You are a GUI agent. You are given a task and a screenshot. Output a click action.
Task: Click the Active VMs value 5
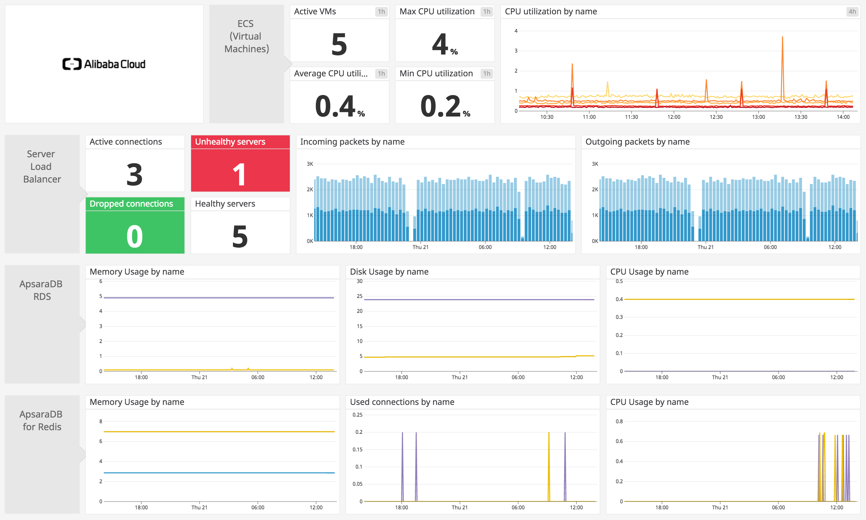339,44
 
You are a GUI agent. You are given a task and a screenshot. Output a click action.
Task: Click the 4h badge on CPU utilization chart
852,11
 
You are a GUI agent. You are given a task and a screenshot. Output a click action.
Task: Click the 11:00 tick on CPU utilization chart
589,117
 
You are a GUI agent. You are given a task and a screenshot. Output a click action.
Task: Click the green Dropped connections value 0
135,236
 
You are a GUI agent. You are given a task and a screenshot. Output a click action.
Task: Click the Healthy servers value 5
240,236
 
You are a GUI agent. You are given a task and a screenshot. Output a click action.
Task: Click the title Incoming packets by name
352,141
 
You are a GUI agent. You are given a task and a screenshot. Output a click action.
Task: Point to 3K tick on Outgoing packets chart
595,164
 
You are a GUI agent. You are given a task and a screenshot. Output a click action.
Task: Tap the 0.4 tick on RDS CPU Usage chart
619,299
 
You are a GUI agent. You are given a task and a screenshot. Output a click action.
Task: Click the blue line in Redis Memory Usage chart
217,473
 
